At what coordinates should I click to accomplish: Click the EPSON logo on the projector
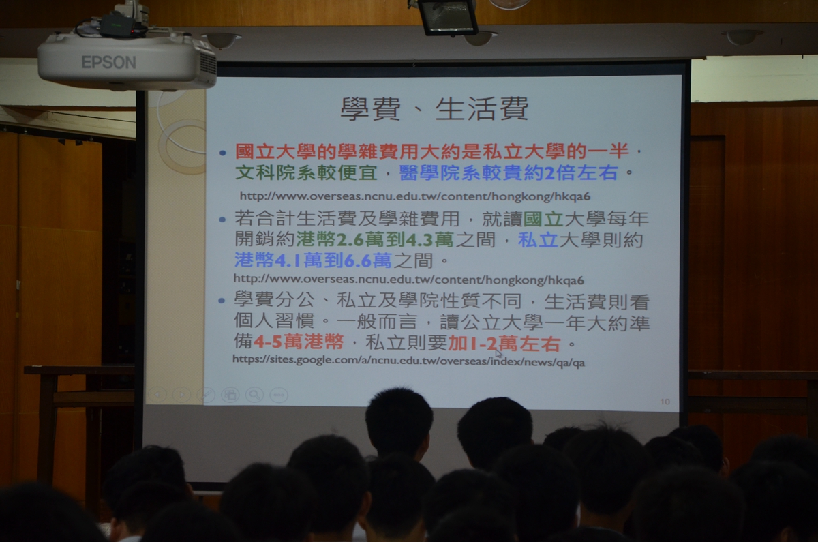click(x=109, y=63)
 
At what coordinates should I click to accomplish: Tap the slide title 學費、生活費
click(x=434, y=108)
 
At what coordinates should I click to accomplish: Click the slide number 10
click(x=665, y=402)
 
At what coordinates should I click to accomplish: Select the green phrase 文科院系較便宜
click(x=306, y=172)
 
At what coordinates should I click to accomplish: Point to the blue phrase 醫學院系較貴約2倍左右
click(x=509, y=172)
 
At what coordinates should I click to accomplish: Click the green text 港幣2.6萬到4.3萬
click(x=375, y=240)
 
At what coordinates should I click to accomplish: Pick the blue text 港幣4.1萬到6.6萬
click(x=313, y=260)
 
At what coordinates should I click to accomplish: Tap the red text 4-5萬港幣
click(x=299, y=342)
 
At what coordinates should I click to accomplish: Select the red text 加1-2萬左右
click(x=504, y=344)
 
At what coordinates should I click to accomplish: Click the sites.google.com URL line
click(x=408, y=361)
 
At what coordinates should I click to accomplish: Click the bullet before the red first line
click(x=223, y=153)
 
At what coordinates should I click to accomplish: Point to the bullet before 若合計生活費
click(x=222, y=220)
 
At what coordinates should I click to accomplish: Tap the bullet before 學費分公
click(x=222, y=301)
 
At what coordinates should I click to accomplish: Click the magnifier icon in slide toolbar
click(x=254, y=395)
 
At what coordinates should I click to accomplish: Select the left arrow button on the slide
click(x=157, y=395)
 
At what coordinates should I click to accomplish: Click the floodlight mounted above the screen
click(x=448, y=17)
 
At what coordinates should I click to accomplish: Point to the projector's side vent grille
click(x=208, y=65)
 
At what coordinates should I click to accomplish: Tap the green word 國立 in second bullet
click(x=543, y=219)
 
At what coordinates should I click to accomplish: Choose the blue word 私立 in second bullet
click(x=538, y=240)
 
